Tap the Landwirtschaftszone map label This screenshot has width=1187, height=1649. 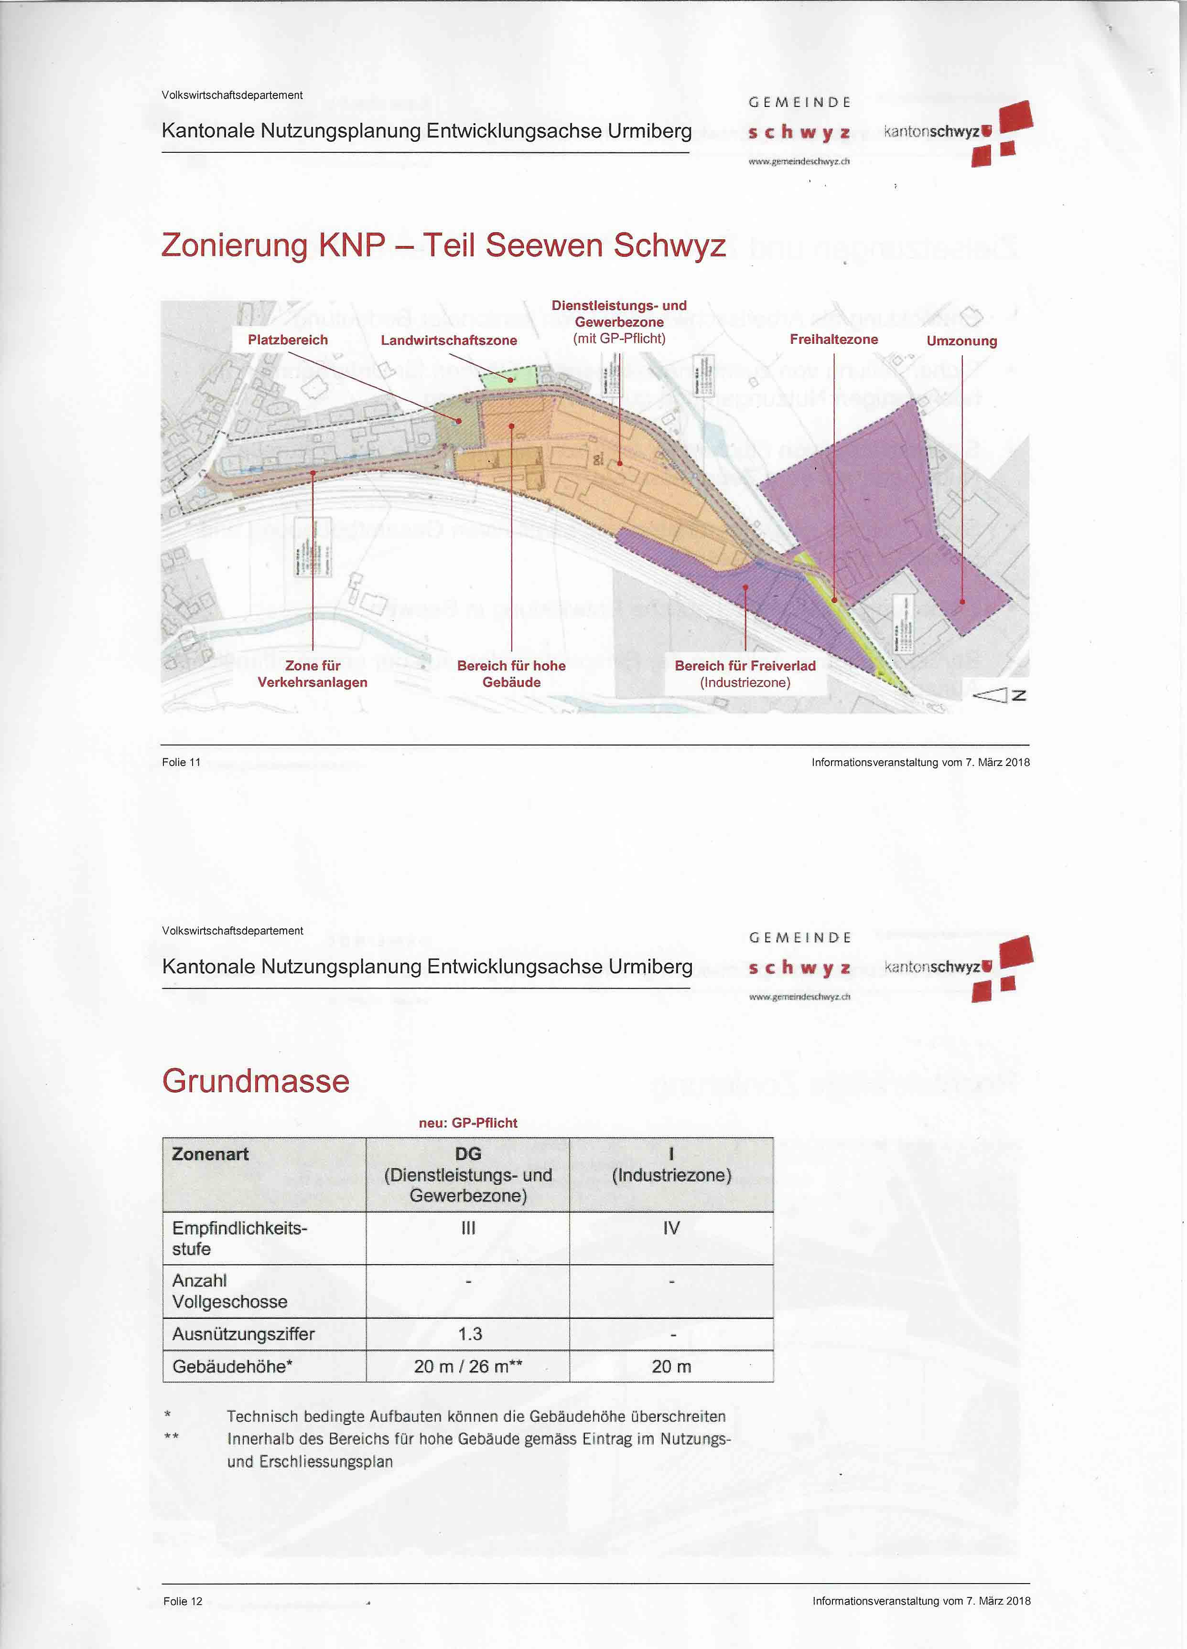[x=449, y=340]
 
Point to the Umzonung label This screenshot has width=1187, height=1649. [x=961, y=341]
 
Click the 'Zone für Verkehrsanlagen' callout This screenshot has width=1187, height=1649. [x=313, y=674]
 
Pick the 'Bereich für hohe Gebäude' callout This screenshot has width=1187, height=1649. [x=511, y=674]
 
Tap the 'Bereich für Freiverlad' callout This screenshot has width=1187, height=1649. [x=745, y=674]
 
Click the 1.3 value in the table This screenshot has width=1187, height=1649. [x=470, y=1333]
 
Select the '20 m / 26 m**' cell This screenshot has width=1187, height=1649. [x=468, y=1366]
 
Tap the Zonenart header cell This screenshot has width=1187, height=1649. [x=210, y=1154]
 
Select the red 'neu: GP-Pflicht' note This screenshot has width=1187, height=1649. [x=468, y=1123]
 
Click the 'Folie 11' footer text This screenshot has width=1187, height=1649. [x=181, y=762]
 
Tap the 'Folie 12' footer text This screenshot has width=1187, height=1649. [x=183, y=1600]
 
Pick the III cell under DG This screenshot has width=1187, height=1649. [x=468, y=1228]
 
